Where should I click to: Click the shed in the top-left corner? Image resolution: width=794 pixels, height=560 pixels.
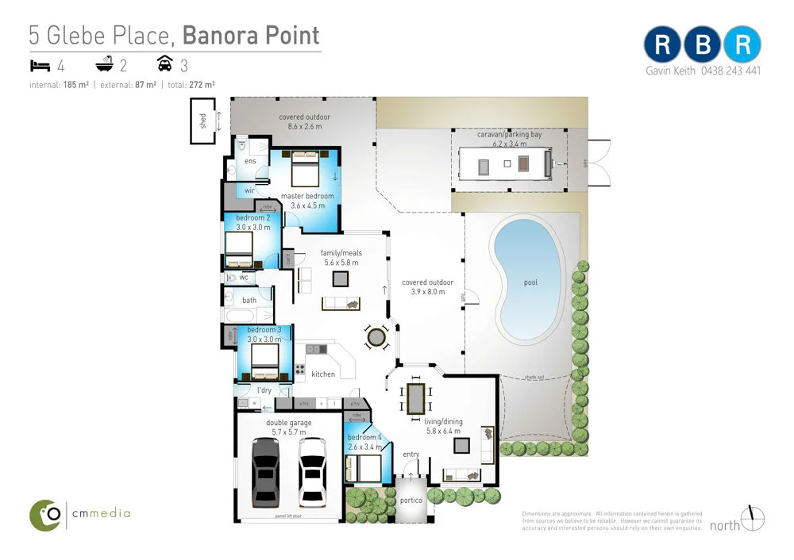coord(202,121)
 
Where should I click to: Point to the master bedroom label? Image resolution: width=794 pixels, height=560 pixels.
coord(307,196)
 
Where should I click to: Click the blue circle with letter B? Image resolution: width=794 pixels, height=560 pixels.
coord(703,45)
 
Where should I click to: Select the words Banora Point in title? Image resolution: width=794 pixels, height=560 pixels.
coord(251,35)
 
